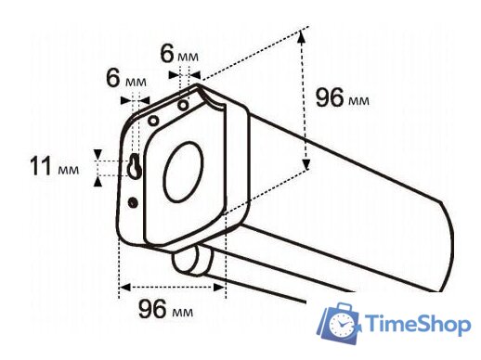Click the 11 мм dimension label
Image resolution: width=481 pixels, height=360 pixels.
click(x=55, y=167)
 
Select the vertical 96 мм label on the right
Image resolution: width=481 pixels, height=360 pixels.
click(x=342, y=98)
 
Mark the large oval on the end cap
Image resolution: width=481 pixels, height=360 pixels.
click(x=186, y=173)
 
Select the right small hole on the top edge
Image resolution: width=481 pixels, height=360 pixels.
click(x=184, y=105)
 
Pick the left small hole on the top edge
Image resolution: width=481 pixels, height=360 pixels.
click(x=152, y=119)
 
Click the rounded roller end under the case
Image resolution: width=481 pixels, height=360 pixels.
click(x=186, y=263)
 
